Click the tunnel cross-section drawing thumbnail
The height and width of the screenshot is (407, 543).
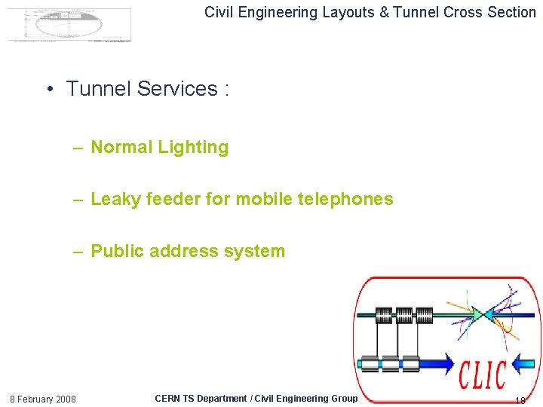coord(69,24)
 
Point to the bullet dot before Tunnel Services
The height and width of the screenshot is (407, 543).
coord(48,90)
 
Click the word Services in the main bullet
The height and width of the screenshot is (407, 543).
coord(178,89)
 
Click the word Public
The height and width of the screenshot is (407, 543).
coord(117,251)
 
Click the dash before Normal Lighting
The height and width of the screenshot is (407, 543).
coord(78,148)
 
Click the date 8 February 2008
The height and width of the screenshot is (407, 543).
coord(42,399)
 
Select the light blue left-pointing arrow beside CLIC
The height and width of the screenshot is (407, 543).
coord(523,366)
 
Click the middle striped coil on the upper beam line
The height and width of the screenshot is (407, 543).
coord(404,314)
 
